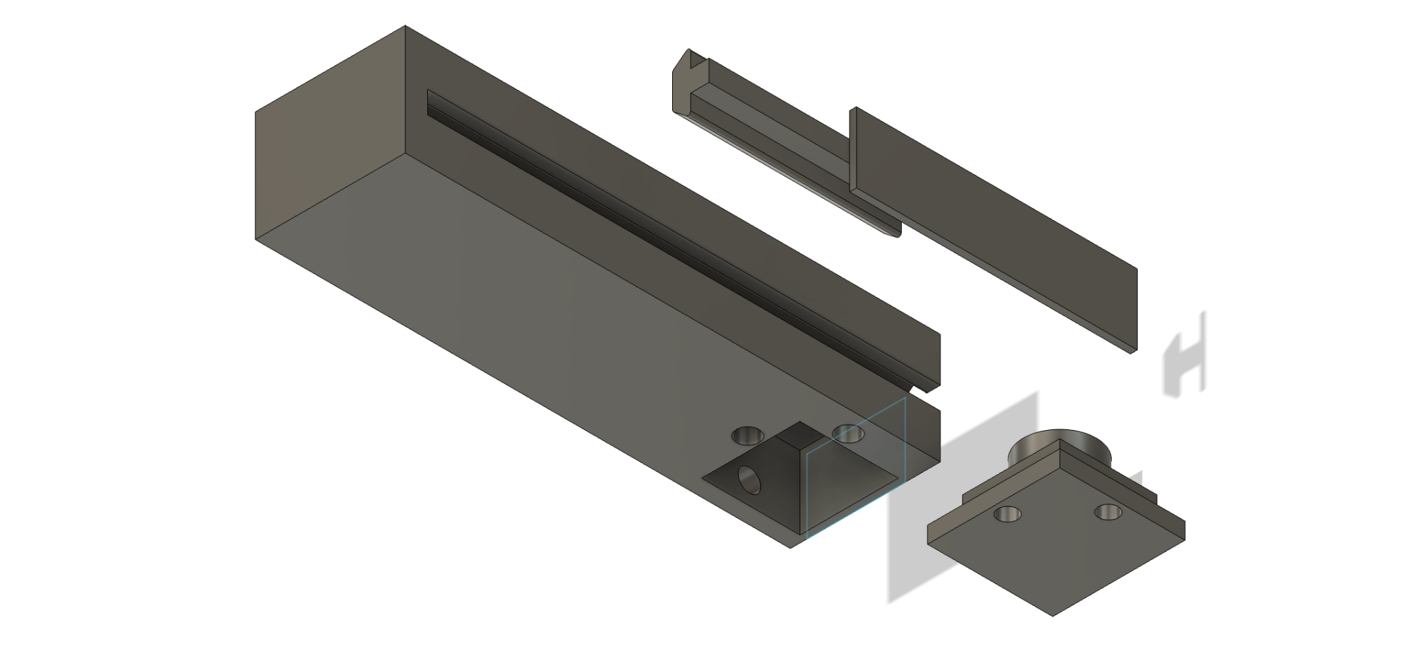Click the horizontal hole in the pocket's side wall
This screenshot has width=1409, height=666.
pyautogui.click(x=749, y=480)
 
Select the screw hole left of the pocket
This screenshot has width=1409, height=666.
pyautogui.click(x=747, y=436)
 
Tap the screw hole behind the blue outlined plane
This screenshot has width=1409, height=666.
pyautogui.click(x=848, y=433)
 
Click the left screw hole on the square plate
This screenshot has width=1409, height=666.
pyautogui.click(x=1008, y=513)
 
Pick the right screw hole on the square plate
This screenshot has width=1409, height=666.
pyautogui.click(x=1108, y=512)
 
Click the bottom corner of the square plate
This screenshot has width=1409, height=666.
pyautogui.click(x=1053, y=614)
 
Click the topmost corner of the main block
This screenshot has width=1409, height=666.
pyautogui.click(x=405, y=27)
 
